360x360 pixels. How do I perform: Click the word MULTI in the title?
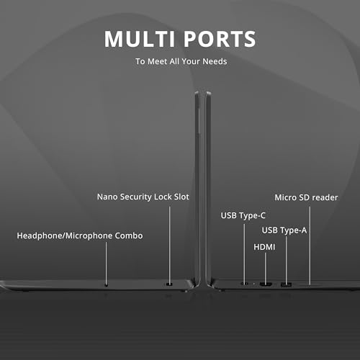140,39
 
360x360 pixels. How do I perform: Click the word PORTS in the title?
220,39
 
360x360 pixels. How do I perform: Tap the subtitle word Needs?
215,61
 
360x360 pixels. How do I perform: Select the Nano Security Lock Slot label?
143,197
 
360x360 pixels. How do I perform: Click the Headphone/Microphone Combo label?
80,235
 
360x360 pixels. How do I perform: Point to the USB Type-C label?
243,215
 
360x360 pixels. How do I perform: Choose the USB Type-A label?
284,230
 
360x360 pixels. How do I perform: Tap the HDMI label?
264,247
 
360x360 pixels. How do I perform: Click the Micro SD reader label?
306,197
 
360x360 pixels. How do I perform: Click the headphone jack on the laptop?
107,285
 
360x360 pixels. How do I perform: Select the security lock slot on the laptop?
169,284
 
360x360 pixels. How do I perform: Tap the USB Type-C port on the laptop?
244,284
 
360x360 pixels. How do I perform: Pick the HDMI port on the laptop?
266,284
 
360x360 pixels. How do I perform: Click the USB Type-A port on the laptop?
286,285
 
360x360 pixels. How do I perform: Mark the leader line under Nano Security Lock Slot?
170,246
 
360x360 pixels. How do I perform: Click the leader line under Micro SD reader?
310,246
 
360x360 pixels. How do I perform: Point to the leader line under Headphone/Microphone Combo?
107,264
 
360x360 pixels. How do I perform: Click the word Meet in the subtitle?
158,61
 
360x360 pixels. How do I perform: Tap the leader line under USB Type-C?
244,253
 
